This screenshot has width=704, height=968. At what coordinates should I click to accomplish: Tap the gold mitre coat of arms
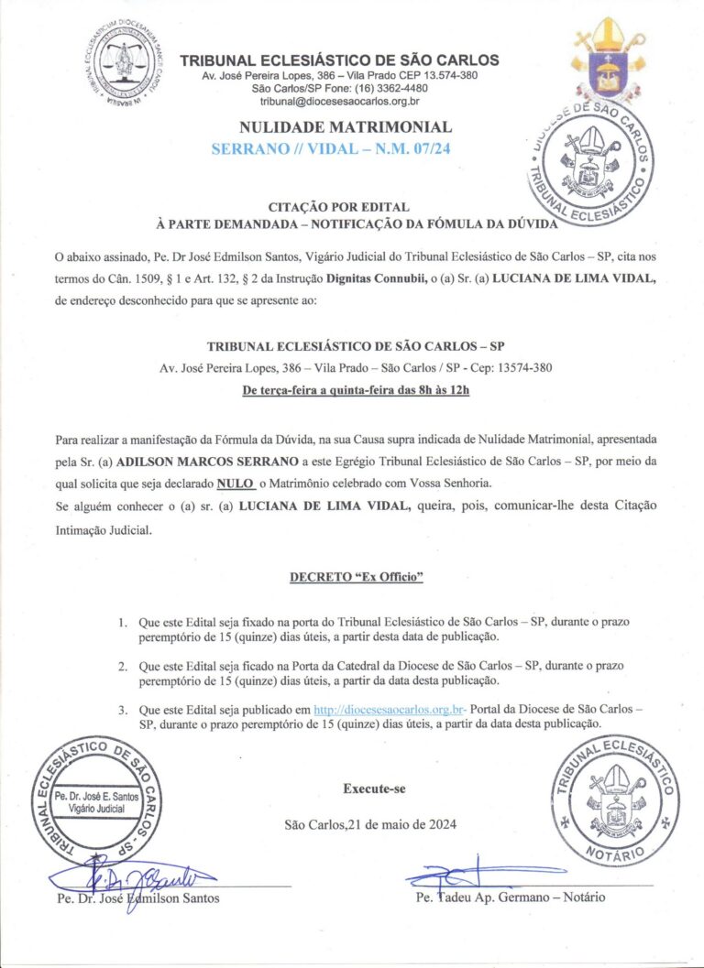[x=608, y=60]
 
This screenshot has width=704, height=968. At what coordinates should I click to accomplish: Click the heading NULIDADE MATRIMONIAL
[x=345, y=126]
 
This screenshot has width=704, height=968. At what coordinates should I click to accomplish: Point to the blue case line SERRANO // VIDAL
[x=345, y=147]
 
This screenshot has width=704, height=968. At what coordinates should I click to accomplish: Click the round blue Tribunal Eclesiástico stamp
[x=587, y=160]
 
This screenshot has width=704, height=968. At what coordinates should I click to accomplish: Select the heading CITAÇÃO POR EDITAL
[x=338, y=207]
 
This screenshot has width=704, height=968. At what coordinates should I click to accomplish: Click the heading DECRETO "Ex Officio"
[x=357, y=578]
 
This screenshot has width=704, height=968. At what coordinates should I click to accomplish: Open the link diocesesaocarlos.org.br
[x=390, y=709]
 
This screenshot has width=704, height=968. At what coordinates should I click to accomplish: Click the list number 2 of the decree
[x=123, y=666]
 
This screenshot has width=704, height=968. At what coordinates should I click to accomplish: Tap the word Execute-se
[x=374, y=788]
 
